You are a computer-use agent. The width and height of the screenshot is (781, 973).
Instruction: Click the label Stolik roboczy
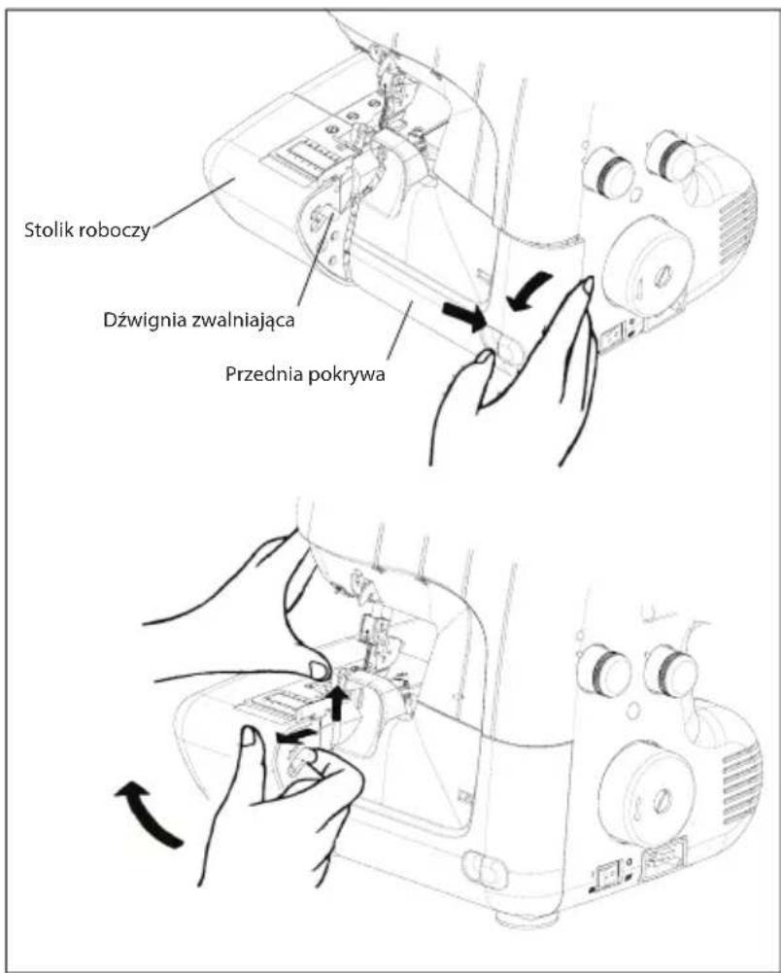86,229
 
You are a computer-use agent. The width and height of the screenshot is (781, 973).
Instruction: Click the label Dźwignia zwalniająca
198,320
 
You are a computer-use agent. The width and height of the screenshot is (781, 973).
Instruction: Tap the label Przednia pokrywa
305,374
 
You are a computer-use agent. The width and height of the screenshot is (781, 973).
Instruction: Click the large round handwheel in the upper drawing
647,260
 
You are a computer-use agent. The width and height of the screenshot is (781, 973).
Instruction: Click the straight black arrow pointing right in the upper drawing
464,317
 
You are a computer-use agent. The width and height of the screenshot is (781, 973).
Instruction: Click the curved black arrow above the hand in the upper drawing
528,291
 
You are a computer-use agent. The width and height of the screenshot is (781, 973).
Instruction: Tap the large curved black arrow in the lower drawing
148,814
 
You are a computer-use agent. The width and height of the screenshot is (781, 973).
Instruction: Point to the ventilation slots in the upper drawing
737,226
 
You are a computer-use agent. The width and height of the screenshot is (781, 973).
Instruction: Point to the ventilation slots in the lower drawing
742,784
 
